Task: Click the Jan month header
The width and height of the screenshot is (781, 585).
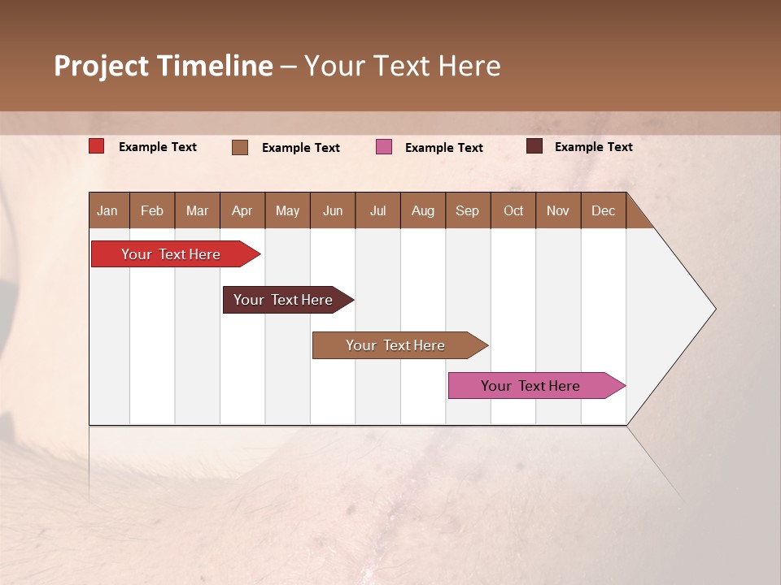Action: click(x=108, y=210)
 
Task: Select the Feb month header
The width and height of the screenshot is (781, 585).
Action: click(x=152, y=210)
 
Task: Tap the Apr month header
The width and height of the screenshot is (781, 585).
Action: click(x=242, y=210)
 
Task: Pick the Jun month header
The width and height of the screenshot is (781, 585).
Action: click(x=333, y=210)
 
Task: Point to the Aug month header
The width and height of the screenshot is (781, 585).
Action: click(x=422, y=210)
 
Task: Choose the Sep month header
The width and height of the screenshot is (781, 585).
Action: click(x=467, y=210)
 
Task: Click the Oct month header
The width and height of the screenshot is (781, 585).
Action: click(x=513, y=210)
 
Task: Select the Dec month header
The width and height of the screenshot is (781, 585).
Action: click(x=603, y=210)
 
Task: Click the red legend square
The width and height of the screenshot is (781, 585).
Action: click(x=97, y=146)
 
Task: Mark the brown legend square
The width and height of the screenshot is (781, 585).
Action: click(x=240, y=147)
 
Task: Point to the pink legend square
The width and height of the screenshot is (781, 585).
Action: click(x=384, y=147)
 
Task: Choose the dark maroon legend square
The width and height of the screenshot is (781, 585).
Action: click(x=534, y=146)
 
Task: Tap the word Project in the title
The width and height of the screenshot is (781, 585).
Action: click(x=102, y=66)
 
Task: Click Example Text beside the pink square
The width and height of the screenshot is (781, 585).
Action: click(x=443, y=148)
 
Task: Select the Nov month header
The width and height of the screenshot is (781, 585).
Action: click(x=558, y=210)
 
